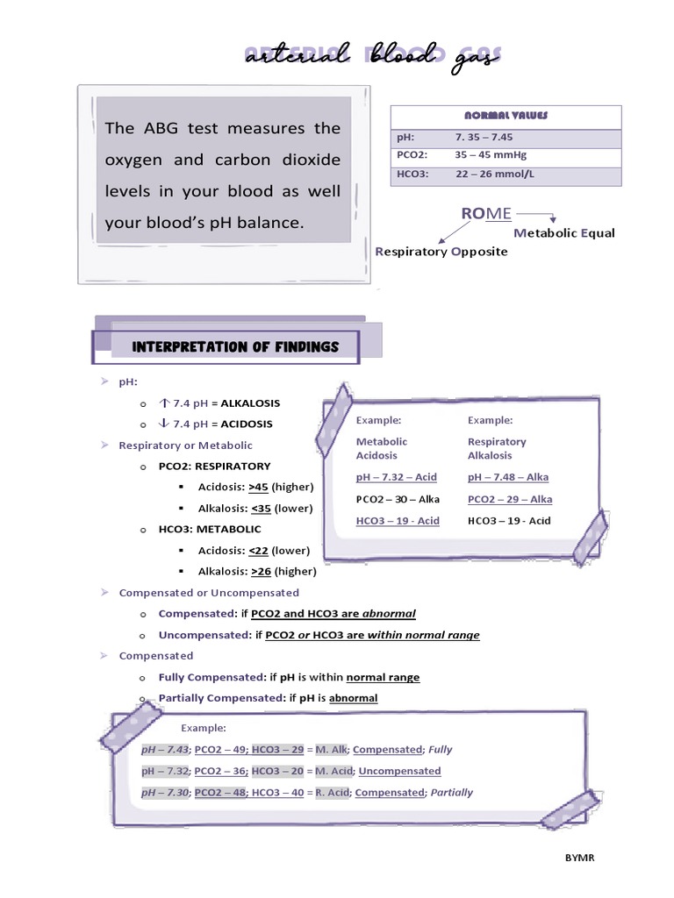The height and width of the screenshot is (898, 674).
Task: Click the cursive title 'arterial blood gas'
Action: pos(372,56)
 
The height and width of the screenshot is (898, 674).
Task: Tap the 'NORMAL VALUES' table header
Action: pos(505,116)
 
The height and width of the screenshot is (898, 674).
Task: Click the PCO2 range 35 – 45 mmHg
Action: pos(491,155)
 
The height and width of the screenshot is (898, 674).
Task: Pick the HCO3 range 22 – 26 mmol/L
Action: pos(496,174)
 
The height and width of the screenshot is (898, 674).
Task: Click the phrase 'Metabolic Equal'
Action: pos(564,233)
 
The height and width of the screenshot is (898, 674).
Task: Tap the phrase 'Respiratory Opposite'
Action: pos(441,252)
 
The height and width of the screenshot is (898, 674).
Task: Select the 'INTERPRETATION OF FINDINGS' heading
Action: pos(234,347)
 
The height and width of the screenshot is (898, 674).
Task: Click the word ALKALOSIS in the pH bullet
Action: pos(250,403)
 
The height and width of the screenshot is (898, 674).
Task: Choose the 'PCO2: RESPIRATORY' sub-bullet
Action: pos(214,467)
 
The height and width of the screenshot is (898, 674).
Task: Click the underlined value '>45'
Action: pos(259,487)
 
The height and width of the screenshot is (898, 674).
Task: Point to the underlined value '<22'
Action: pos(259,551)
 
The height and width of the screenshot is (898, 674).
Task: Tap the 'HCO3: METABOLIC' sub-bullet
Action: pos(210,530)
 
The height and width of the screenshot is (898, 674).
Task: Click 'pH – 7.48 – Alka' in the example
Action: pos(508,477)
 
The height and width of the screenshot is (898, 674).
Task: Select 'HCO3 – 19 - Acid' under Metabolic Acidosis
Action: pos(398,521)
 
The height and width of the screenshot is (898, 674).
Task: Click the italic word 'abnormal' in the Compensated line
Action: pos(389,614)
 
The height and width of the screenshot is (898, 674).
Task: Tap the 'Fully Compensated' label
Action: pos(211,677)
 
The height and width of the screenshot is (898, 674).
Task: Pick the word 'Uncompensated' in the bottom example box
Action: pos(399,771)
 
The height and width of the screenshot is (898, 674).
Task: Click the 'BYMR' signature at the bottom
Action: pos(579,857)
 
